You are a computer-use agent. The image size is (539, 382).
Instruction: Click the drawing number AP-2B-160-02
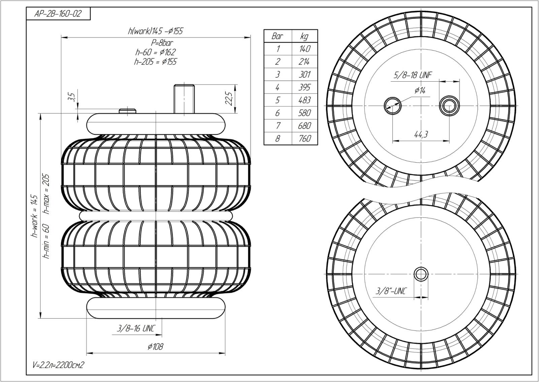[58, 14]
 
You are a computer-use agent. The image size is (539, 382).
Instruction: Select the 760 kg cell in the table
[305, 138]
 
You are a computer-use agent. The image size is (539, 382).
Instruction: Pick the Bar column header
[277, 36]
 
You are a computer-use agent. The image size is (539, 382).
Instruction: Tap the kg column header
[305, 36]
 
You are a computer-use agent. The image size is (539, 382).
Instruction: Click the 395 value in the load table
[305, 87]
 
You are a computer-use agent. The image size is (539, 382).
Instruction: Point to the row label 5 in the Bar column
[278, 100]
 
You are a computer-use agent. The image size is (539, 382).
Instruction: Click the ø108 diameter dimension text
[155, 347]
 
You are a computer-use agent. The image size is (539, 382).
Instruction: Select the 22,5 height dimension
[229, 98]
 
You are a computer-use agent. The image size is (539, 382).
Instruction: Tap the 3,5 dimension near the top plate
[71, 97]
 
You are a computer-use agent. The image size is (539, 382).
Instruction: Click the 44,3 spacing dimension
[421, 134]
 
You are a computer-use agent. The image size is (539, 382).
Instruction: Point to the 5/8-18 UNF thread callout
[413, 75]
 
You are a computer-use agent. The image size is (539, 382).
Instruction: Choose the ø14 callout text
[420, 90]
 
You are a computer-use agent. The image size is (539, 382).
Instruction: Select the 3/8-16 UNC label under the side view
[135, 328]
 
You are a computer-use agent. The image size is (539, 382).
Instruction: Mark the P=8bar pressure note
[162, 43]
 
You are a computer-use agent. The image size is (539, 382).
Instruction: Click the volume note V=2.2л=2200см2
[58, 365]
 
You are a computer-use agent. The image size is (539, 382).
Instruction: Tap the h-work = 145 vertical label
[35, 216]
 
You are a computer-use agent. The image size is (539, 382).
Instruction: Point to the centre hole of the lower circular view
[421, 274]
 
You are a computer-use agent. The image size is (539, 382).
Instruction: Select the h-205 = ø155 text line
[155, 62]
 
